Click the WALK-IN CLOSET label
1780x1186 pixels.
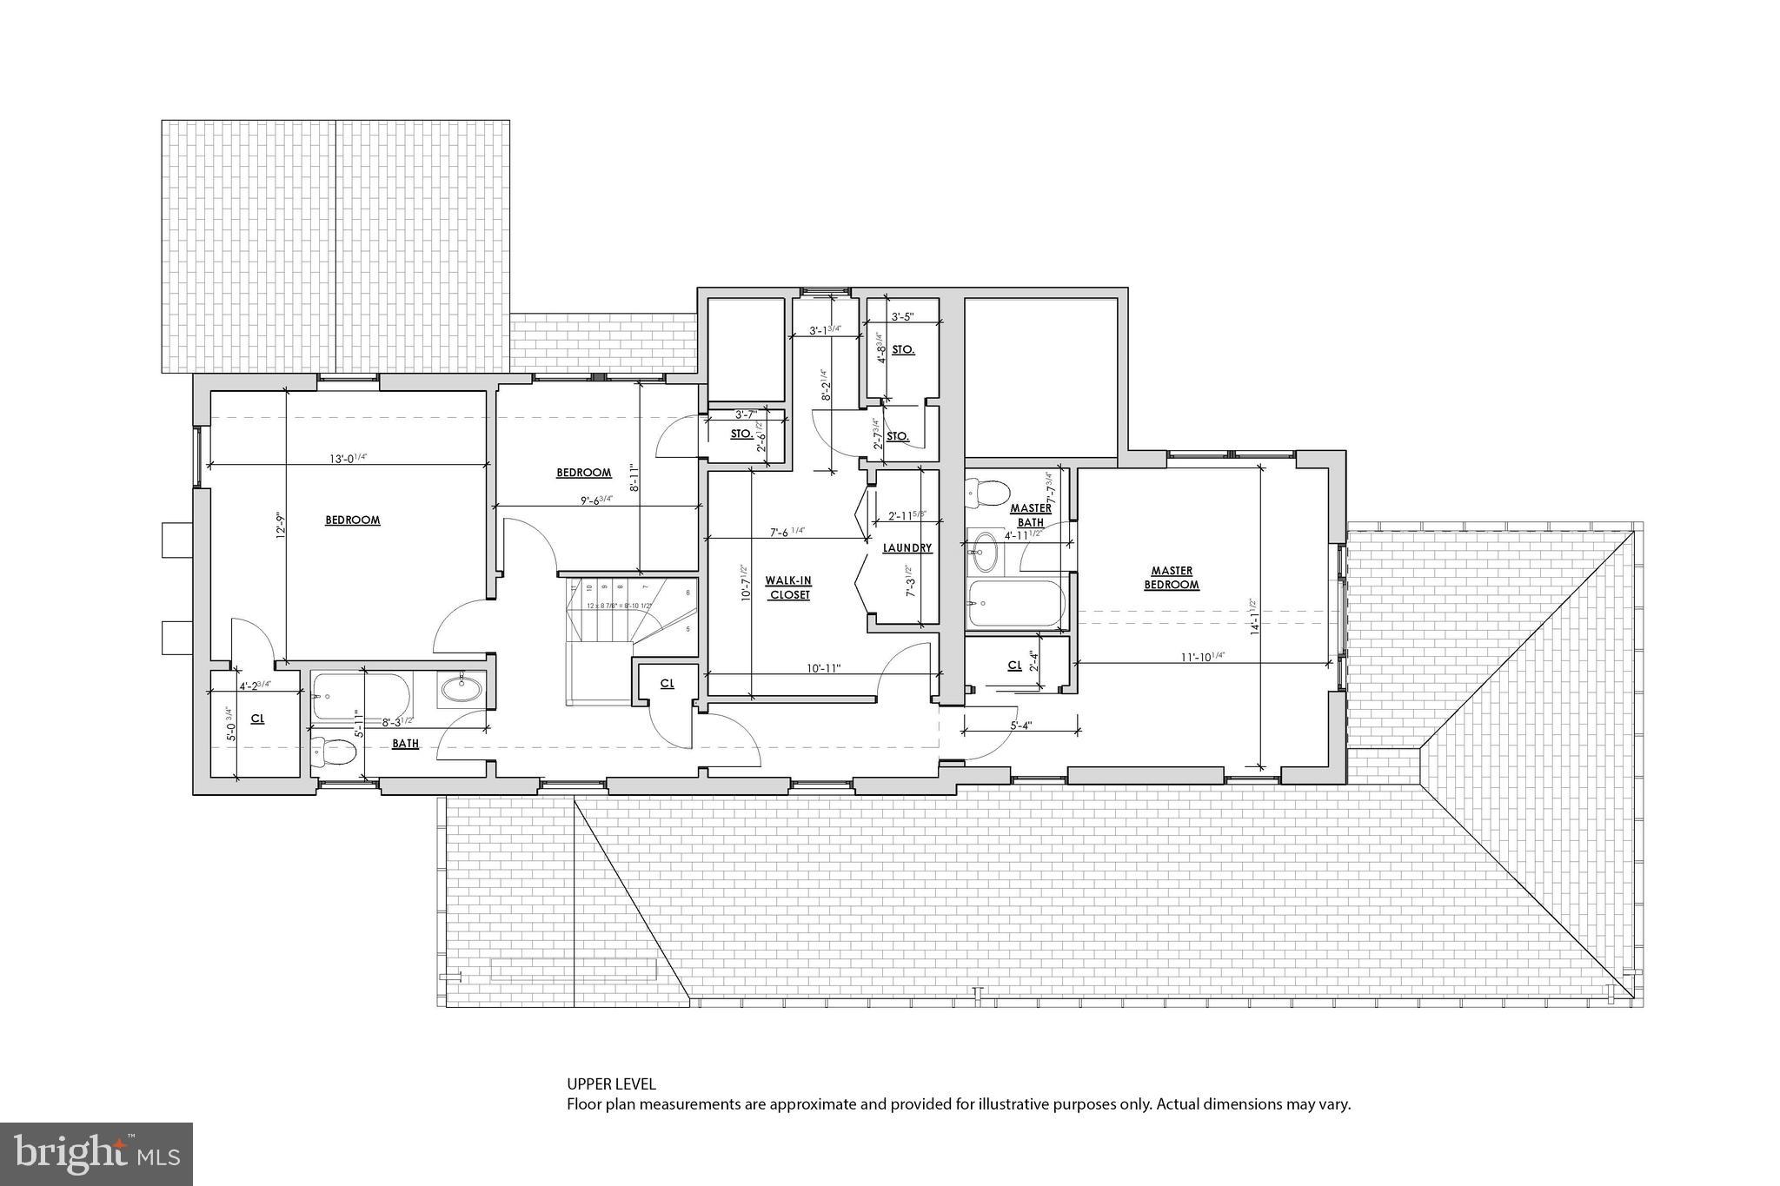tap(788, 587)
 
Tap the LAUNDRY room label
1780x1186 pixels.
tap(907, 548)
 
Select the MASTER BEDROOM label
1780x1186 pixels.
tap(1172, 578)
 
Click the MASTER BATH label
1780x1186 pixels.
tap(1031, 515)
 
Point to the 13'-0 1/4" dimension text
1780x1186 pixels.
tap(347, 458)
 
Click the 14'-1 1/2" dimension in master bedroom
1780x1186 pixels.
tap(1252, 617)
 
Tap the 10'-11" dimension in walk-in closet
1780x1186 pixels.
tap(822, 667)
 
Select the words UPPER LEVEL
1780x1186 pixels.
tap(611, 1083)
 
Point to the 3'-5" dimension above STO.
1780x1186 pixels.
tap(903, 317)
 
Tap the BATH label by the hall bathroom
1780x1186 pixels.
tap(405, 744)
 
